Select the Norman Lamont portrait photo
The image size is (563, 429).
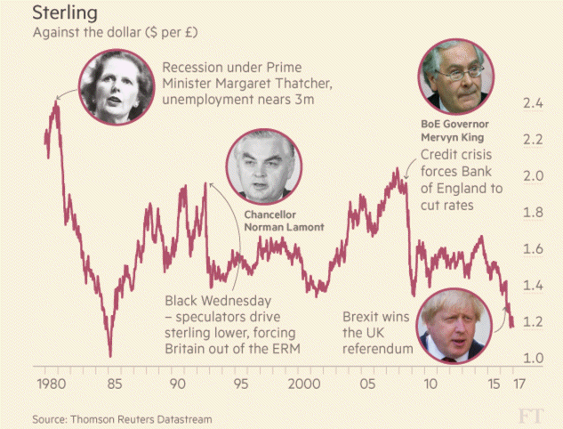click(264, 167)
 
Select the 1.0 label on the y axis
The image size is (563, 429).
click(533, 358)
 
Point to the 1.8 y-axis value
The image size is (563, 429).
click(533, 213)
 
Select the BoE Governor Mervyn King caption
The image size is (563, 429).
click(454, 131)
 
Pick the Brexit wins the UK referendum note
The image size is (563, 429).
click(378, 333)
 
